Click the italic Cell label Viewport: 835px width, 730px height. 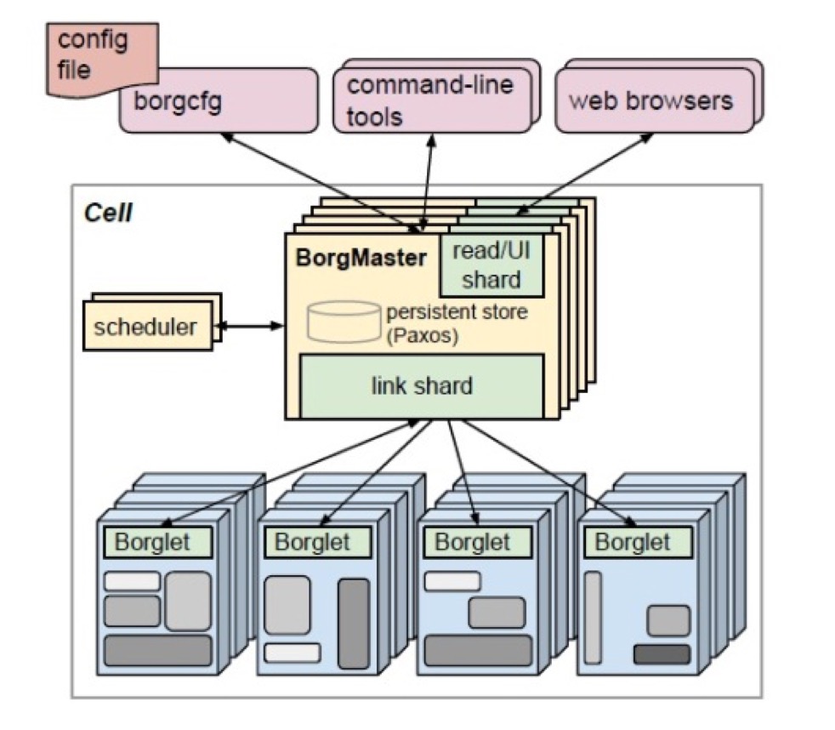pyautogui.click(x=108, y=212)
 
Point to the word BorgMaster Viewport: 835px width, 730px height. pyautogui.click(x=361, y=258)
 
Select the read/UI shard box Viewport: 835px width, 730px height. pyautogui.click(x=491, y=265)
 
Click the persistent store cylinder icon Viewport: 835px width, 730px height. pyautogui.click(x=343, y=322)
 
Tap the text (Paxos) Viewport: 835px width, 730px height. pyautogui.click(x=423, y=336)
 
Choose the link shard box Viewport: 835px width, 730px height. pyautogui.click(x=422, y=385)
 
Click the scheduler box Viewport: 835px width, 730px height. pyautogui.click(x=145, y=327)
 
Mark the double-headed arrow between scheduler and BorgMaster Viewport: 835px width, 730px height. pyautogui.click(x=249, y=326)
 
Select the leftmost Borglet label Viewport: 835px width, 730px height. pyautogui.click(x=157, y=542)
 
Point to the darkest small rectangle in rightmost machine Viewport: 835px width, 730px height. pyautogui.click(x=662, y=653)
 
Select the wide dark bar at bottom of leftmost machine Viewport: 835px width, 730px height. pyautogui.click(x=157, y=649)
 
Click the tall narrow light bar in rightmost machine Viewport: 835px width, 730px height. pyautogui.click(x=593, y=617)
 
